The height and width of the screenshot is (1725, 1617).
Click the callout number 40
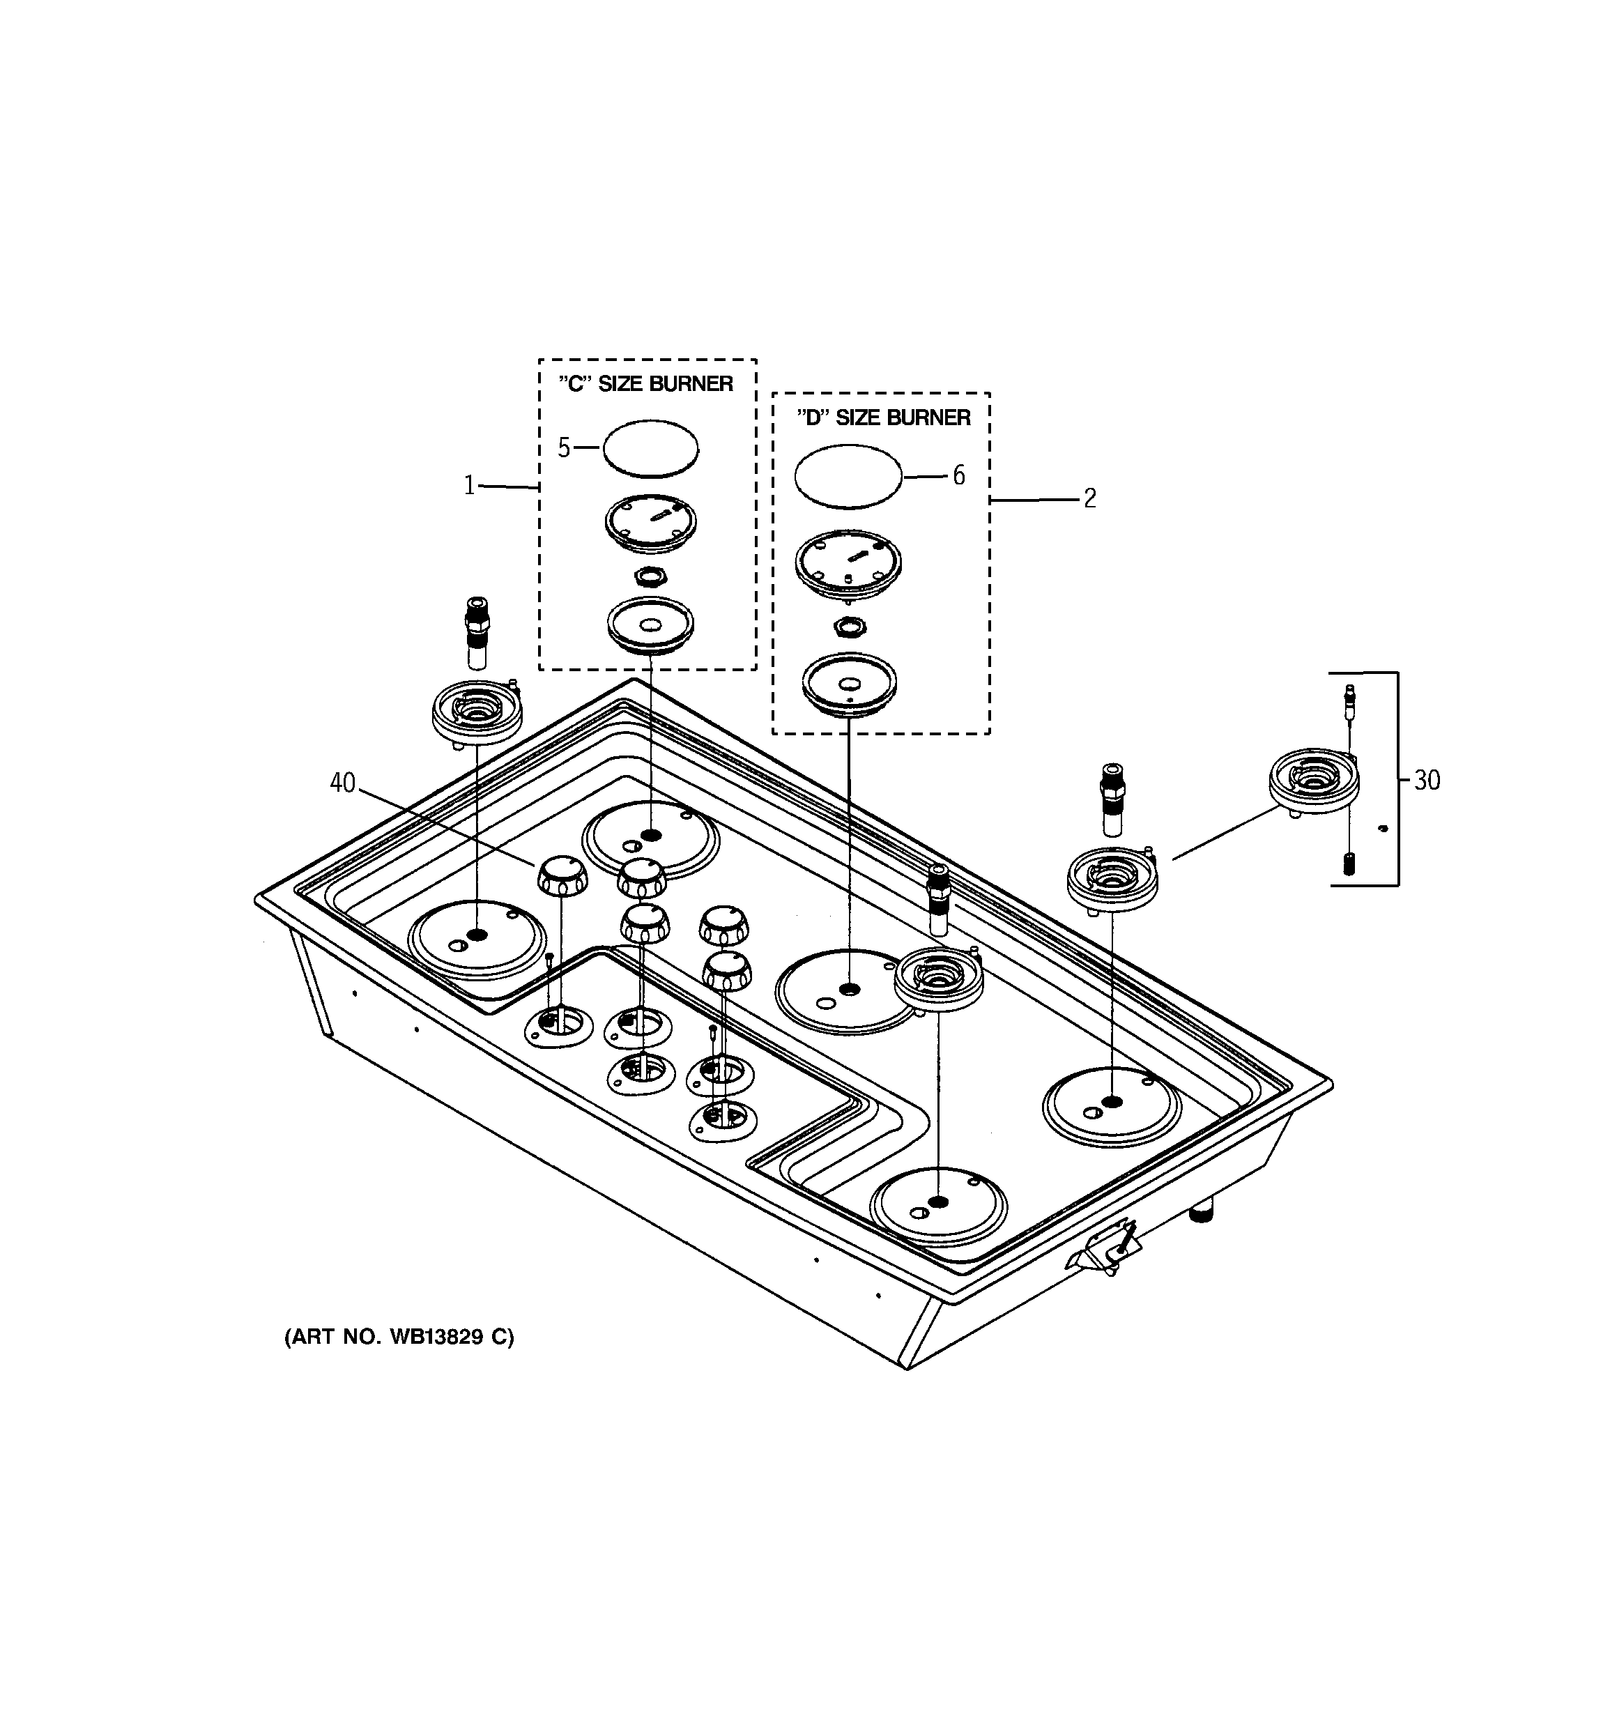coord(343,783)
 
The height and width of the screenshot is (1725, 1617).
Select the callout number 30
coord(1427,781)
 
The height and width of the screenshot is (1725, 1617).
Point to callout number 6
coord(958,475)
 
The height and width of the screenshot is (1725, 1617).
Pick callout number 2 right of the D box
coord(1089,498)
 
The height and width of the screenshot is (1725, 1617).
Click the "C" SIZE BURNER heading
coord(646,383)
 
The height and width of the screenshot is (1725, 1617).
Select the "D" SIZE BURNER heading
coord(884,417)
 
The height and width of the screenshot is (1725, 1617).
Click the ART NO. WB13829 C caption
coord(399,1337)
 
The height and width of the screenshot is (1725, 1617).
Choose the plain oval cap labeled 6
coord(849,475)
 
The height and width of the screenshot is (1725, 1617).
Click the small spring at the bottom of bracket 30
coord(1349,865)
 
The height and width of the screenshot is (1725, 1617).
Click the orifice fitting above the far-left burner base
coord(477,631)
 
